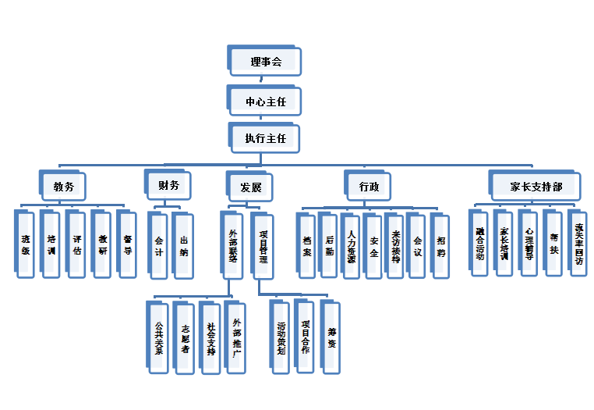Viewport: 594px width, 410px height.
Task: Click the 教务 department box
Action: pos(62,187)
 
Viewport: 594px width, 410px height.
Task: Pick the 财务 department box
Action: pos(168,186)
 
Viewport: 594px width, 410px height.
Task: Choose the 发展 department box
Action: pos(249,187)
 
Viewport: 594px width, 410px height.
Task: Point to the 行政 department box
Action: pos(369,187)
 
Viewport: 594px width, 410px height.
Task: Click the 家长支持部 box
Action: pos(534,187)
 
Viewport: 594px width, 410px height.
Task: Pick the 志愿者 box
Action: pos(184,335)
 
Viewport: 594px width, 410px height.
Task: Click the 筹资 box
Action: pos(330,335)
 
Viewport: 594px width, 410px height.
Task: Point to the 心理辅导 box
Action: pos(529,241)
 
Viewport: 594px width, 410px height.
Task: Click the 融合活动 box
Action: pos(480,241)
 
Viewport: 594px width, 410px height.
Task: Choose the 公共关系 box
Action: pos(158,335)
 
